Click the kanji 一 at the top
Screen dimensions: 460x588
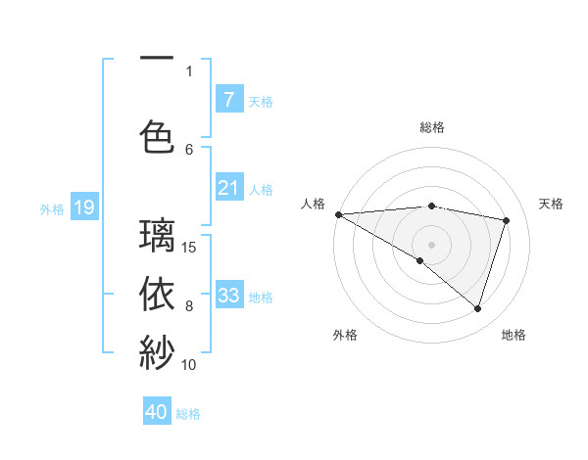click(157, 58)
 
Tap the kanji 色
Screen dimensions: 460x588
click(157, 136)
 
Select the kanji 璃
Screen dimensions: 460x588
click(157, 236)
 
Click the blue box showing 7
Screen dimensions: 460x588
click(228, 99)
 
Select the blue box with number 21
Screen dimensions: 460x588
click(228, 188)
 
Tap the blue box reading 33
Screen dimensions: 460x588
click(228, 295)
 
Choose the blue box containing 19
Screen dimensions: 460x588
click(83, 207)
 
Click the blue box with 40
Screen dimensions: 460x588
click(157, 412)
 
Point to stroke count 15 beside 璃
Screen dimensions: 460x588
click(190, 247)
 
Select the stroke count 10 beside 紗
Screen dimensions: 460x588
click(190, 364)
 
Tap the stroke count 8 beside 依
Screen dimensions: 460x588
click(190, 305)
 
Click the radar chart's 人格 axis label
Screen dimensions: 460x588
click(313, 204)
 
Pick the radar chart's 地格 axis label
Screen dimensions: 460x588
click(514, 335)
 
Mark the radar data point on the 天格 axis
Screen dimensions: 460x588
click(507, 220)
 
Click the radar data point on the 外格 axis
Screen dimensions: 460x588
click(420, 260)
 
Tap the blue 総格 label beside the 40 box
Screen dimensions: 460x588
click(188, 413)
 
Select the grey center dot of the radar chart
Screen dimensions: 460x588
click(431, 244)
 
